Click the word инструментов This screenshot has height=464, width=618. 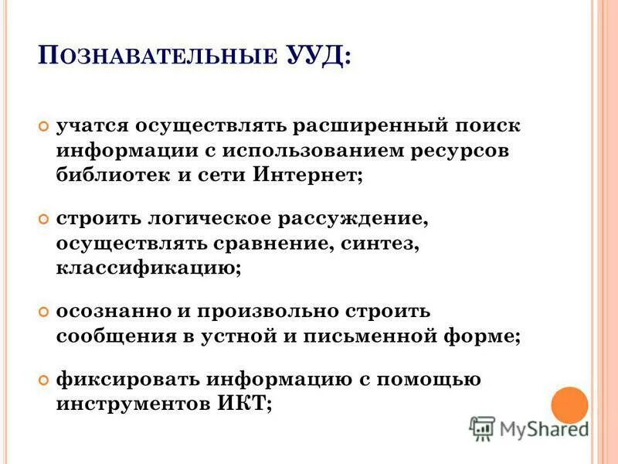132,404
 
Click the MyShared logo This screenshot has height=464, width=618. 528,428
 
